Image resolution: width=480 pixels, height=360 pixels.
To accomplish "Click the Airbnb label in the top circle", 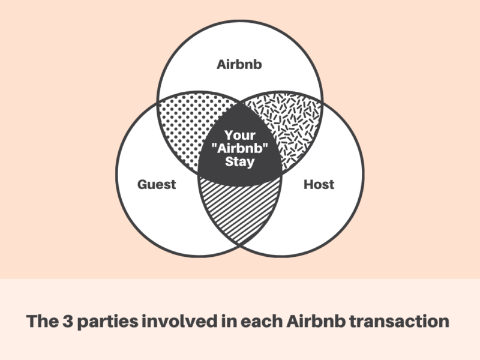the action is pyautogui.click(x=239, y=65).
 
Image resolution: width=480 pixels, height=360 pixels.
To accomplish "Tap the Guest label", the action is pyautogui.click(x=157, y=184).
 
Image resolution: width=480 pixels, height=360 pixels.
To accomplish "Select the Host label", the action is pyautogui.click(x=319, y=185).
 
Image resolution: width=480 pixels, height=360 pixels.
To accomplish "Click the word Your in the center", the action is pyautogui.click(x=239, y=136).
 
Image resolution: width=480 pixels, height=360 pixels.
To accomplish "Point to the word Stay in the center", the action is pyautogui.click(x=239, y=161).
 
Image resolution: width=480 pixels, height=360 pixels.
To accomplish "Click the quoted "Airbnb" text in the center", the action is pyautogui.click(x=239, y=148).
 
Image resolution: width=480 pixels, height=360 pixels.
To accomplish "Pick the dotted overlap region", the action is pyautogui.click(x=190, y=128).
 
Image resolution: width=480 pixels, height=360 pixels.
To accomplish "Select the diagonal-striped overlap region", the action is pyautogui.click(x=239, y=209).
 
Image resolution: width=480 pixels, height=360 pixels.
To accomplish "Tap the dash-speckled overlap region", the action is pyautogui.click(x=289, y=128).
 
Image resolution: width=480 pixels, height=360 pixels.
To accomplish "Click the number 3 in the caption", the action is pyautogui.click(x=68, y=322).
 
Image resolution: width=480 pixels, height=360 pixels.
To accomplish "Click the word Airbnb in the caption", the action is pyautogui.click(x=316, y=322).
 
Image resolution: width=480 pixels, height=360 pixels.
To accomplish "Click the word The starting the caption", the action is pyautogui.click(x=43, y=322).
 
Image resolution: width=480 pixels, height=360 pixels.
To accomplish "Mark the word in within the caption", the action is pyautogui.click(x=230, y=322).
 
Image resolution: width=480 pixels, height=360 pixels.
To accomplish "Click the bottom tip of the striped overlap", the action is pyautogui.click(x=239, y=245).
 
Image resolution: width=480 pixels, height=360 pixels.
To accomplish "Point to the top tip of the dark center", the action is pyautogui.click(x=239, y=103).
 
